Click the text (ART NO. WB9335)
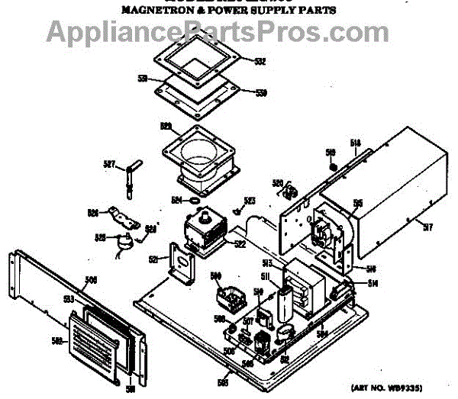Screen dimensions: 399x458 391,387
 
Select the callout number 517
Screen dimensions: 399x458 427,225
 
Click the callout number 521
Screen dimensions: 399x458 153,259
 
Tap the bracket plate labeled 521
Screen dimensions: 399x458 183,263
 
